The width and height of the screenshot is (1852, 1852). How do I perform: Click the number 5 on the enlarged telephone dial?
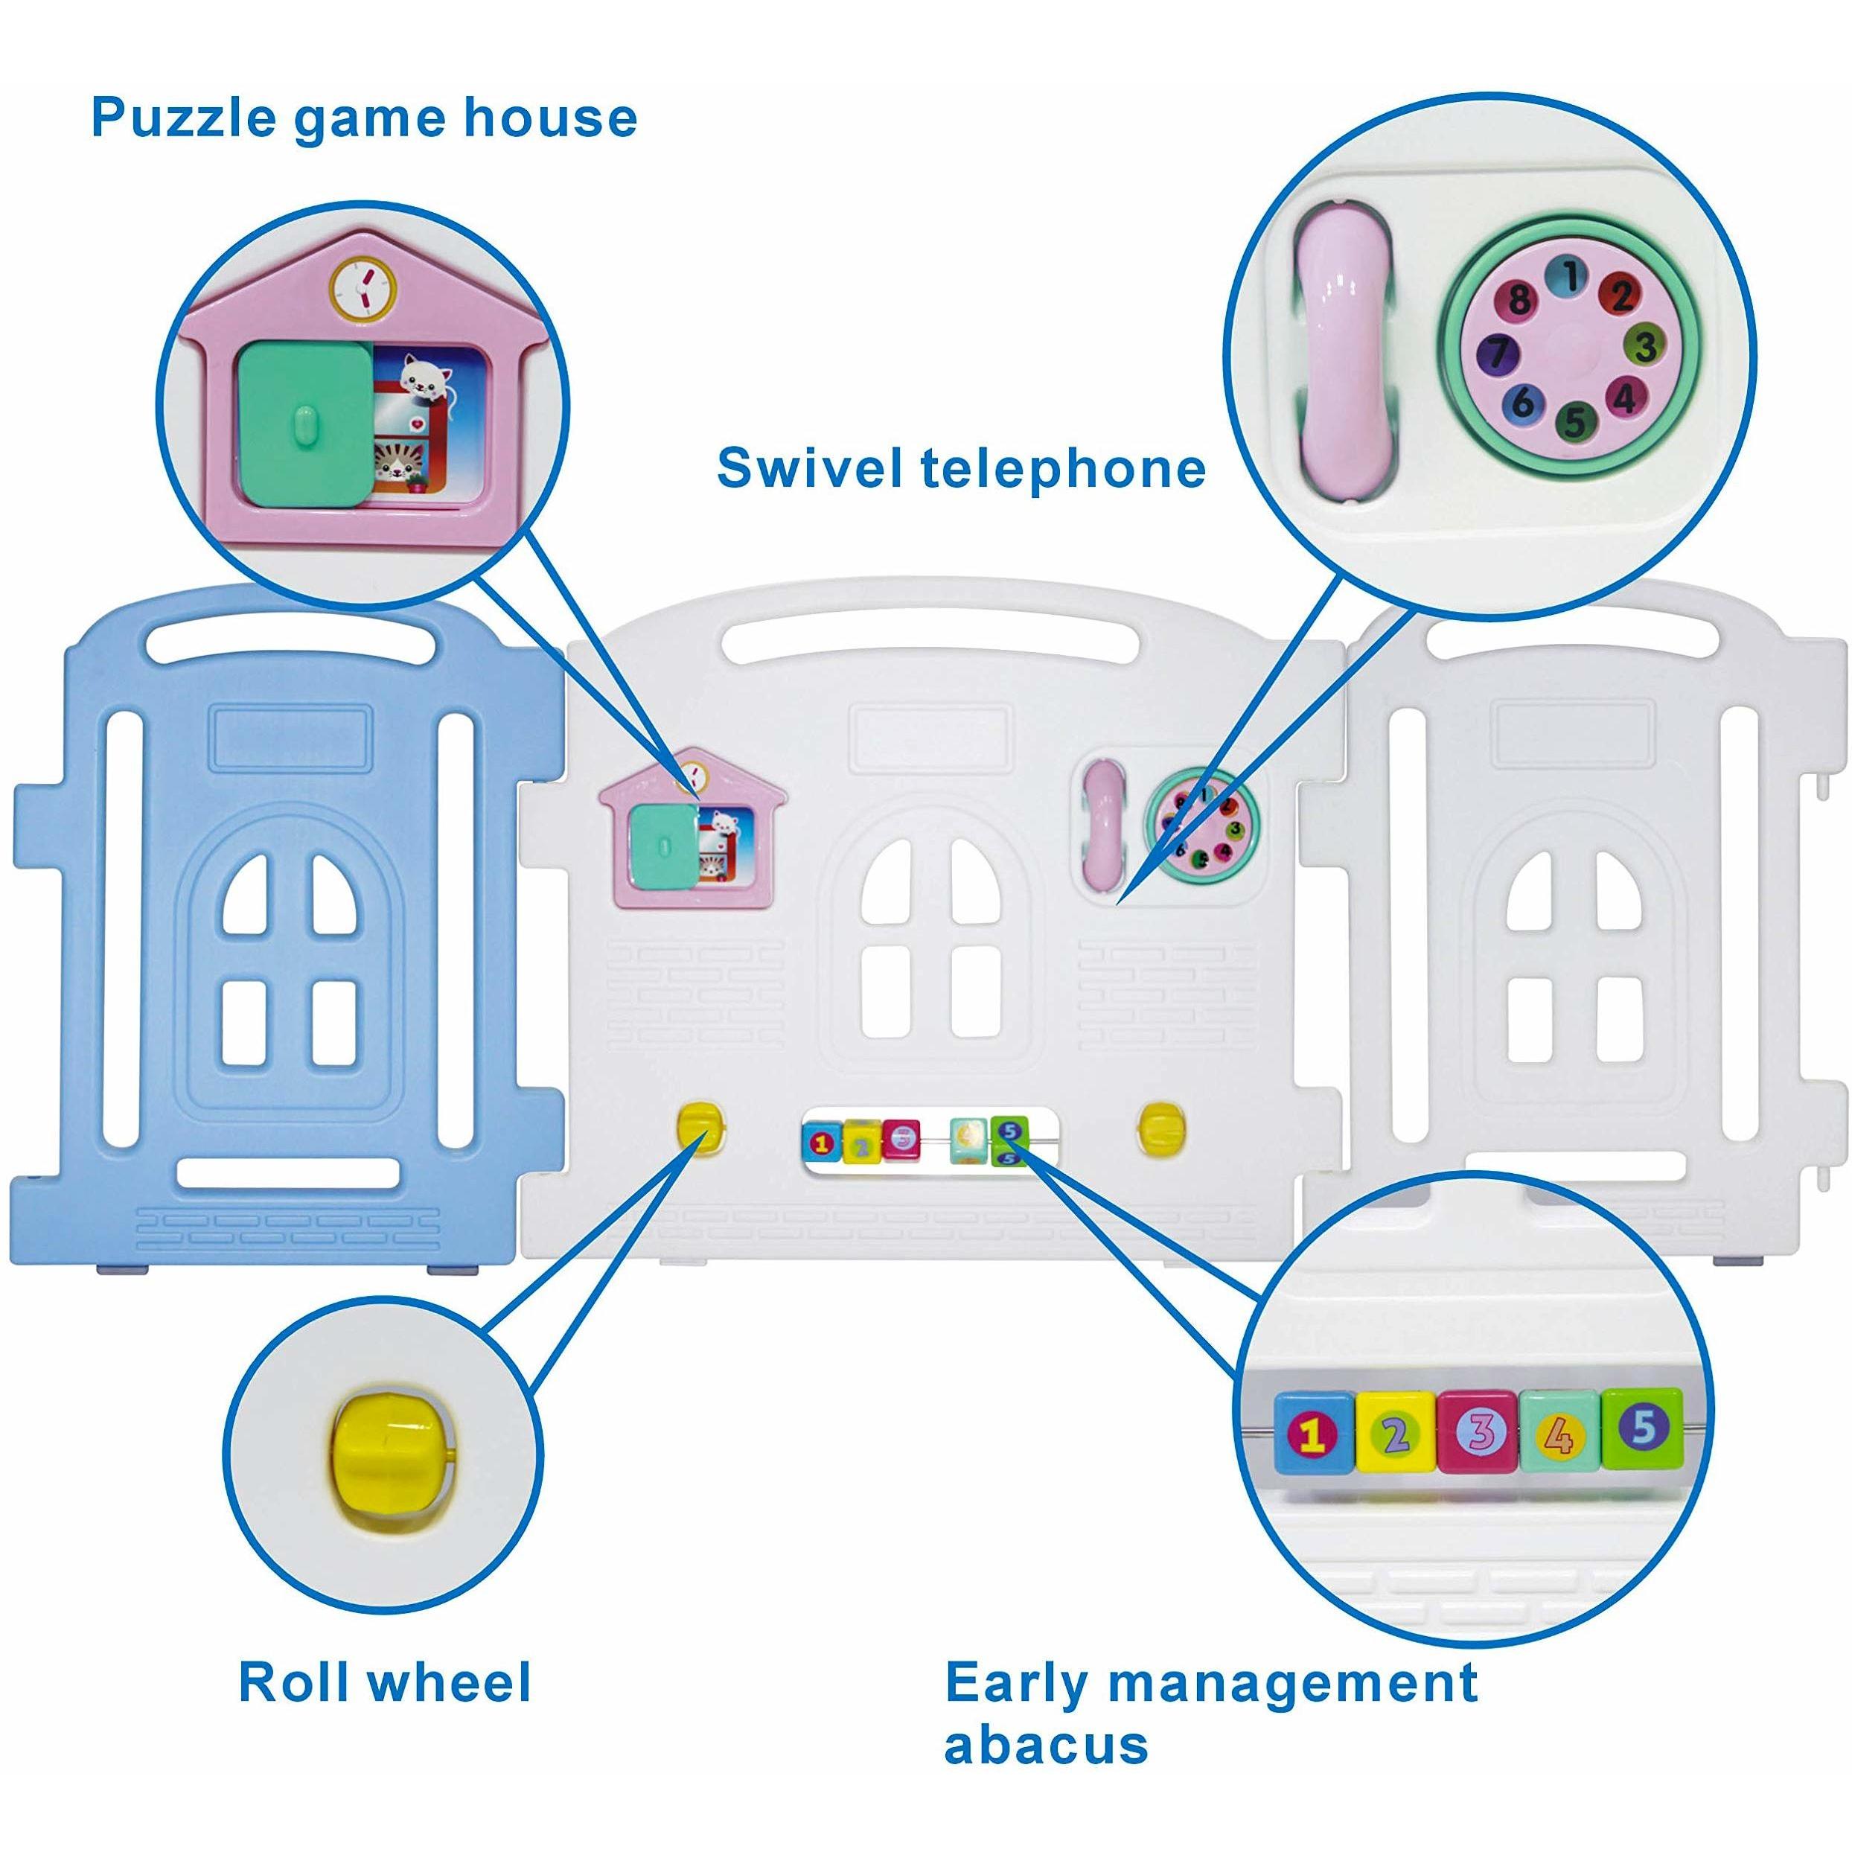click(x=1573, y=420)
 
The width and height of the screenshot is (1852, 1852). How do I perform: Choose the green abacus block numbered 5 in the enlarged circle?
click(x=1643, y=1428)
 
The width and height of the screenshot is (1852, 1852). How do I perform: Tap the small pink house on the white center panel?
click(x=691, y=826)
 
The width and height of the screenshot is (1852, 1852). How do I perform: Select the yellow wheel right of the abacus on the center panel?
click(x=1162, y=1123)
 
